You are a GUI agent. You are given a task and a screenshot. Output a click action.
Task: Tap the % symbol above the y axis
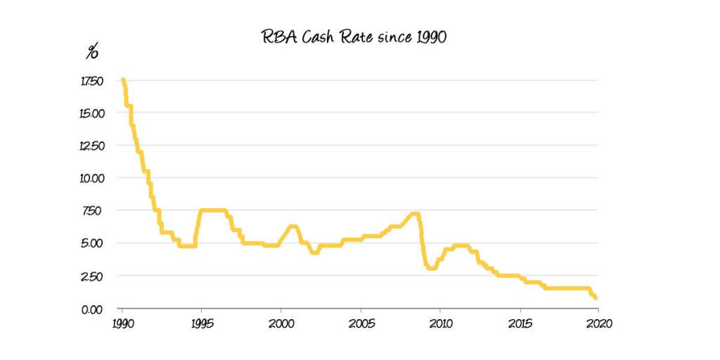click(x=92, y=53)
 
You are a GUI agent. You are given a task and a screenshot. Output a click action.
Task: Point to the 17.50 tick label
click(x=92, y=81)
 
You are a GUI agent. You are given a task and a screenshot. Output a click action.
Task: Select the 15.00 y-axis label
click(x=92, y=113)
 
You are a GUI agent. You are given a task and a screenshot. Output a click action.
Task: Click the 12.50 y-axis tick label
click(x=92, y=146)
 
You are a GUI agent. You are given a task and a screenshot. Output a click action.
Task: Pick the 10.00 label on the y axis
click(x=92, y=178)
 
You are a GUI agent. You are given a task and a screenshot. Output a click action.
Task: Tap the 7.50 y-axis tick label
click(x=94, y=210)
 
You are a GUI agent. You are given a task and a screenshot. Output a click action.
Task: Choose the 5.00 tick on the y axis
click(x=94, y=243)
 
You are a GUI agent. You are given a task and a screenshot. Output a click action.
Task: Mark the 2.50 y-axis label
click(x=94, y=276)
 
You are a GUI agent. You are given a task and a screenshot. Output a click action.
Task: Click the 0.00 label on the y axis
click(x=94, y=309)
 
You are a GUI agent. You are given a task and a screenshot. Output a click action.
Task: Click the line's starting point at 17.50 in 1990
click(x=123, y=81)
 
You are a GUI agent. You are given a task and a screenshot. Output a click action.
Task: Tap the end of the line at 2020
click(x=596, y=297)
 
